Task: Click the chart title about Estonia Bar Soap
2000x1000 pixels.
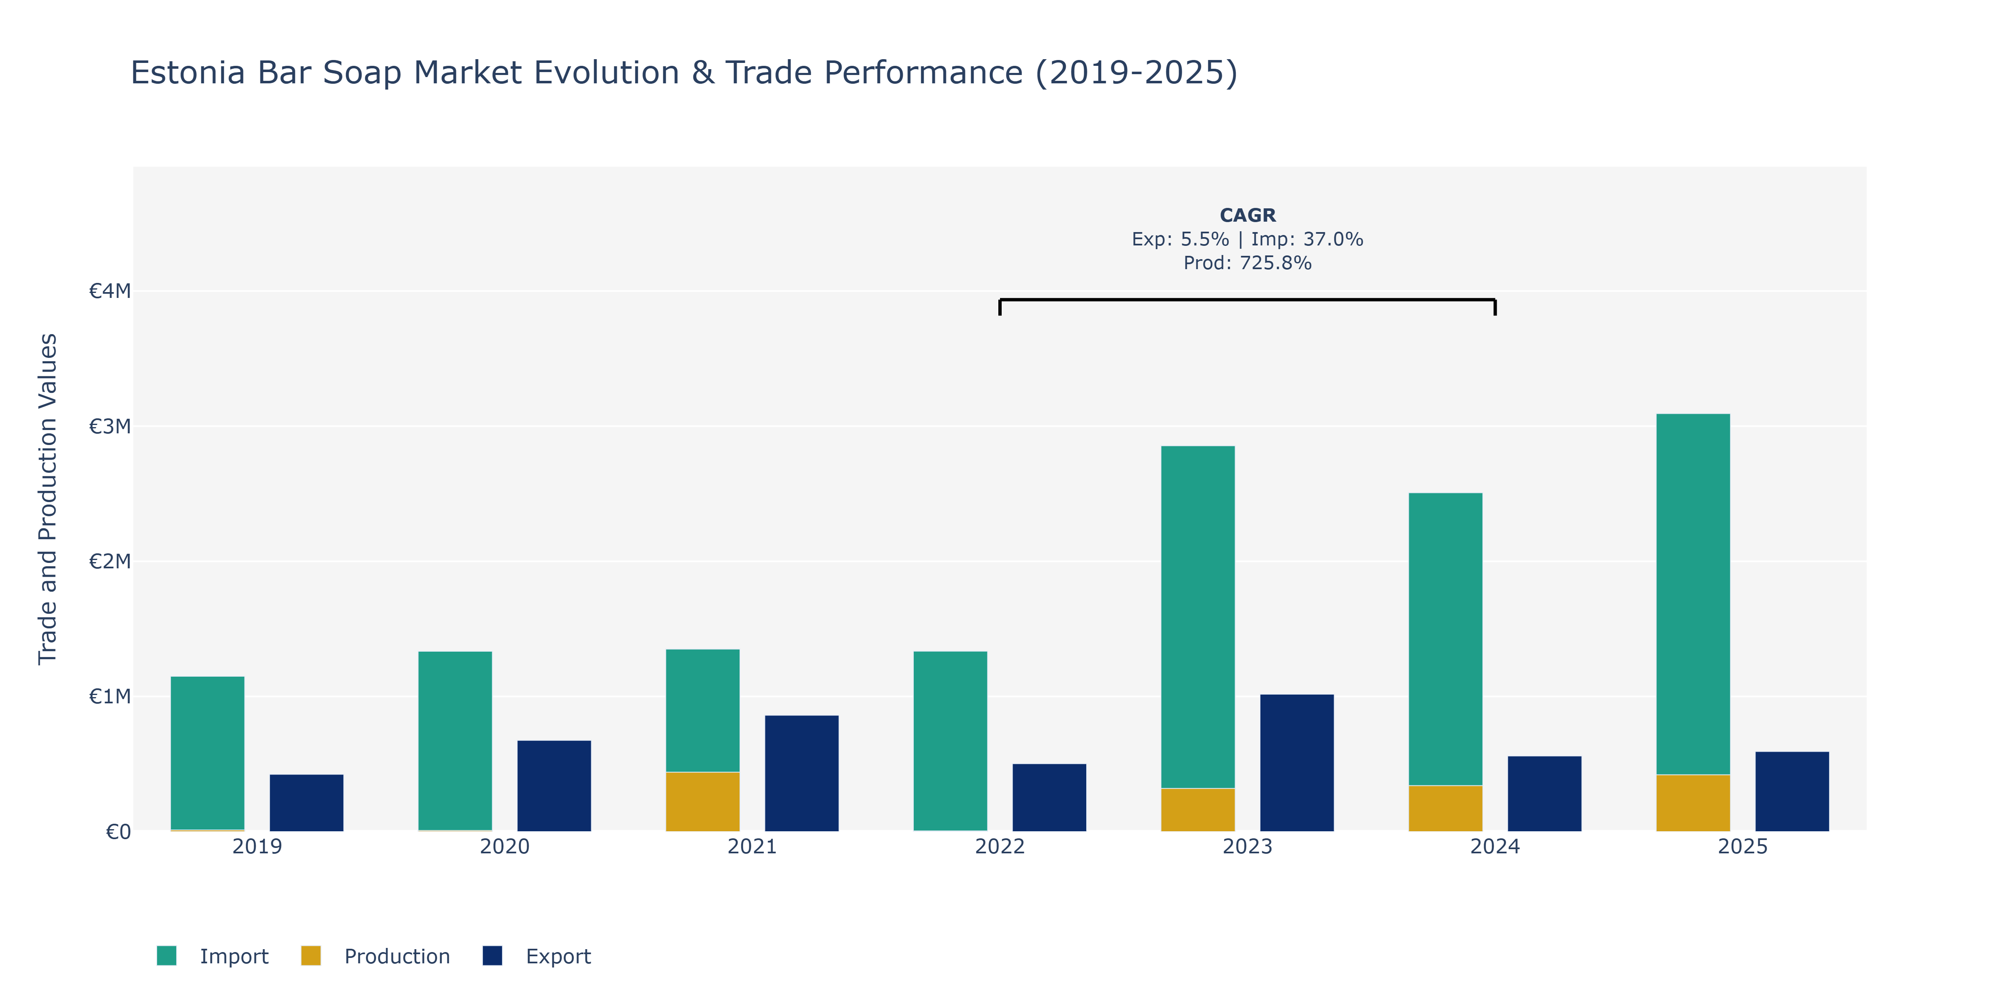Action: [683, 73]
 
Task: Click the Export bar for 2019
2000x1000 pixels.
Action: [307, 803]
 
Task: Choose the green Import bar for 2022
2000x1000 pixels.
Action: [950, 741]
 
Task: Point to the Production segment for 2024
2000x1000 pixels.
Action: [1446, 808]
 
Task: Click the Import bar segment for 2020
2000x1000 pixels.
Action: [455, 741]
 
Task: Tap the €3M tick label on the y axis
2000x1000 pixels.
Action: [110, 426]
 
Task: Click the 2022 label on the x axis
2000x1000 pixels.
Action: [1000, 846]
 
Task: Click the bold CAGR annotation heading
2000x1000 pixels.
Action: [1247, 215]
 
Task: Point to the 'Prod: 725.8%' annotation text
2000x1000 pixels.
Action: [1247, 263]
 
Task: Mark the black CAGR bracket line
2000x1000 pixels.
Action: [1247, 300]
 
